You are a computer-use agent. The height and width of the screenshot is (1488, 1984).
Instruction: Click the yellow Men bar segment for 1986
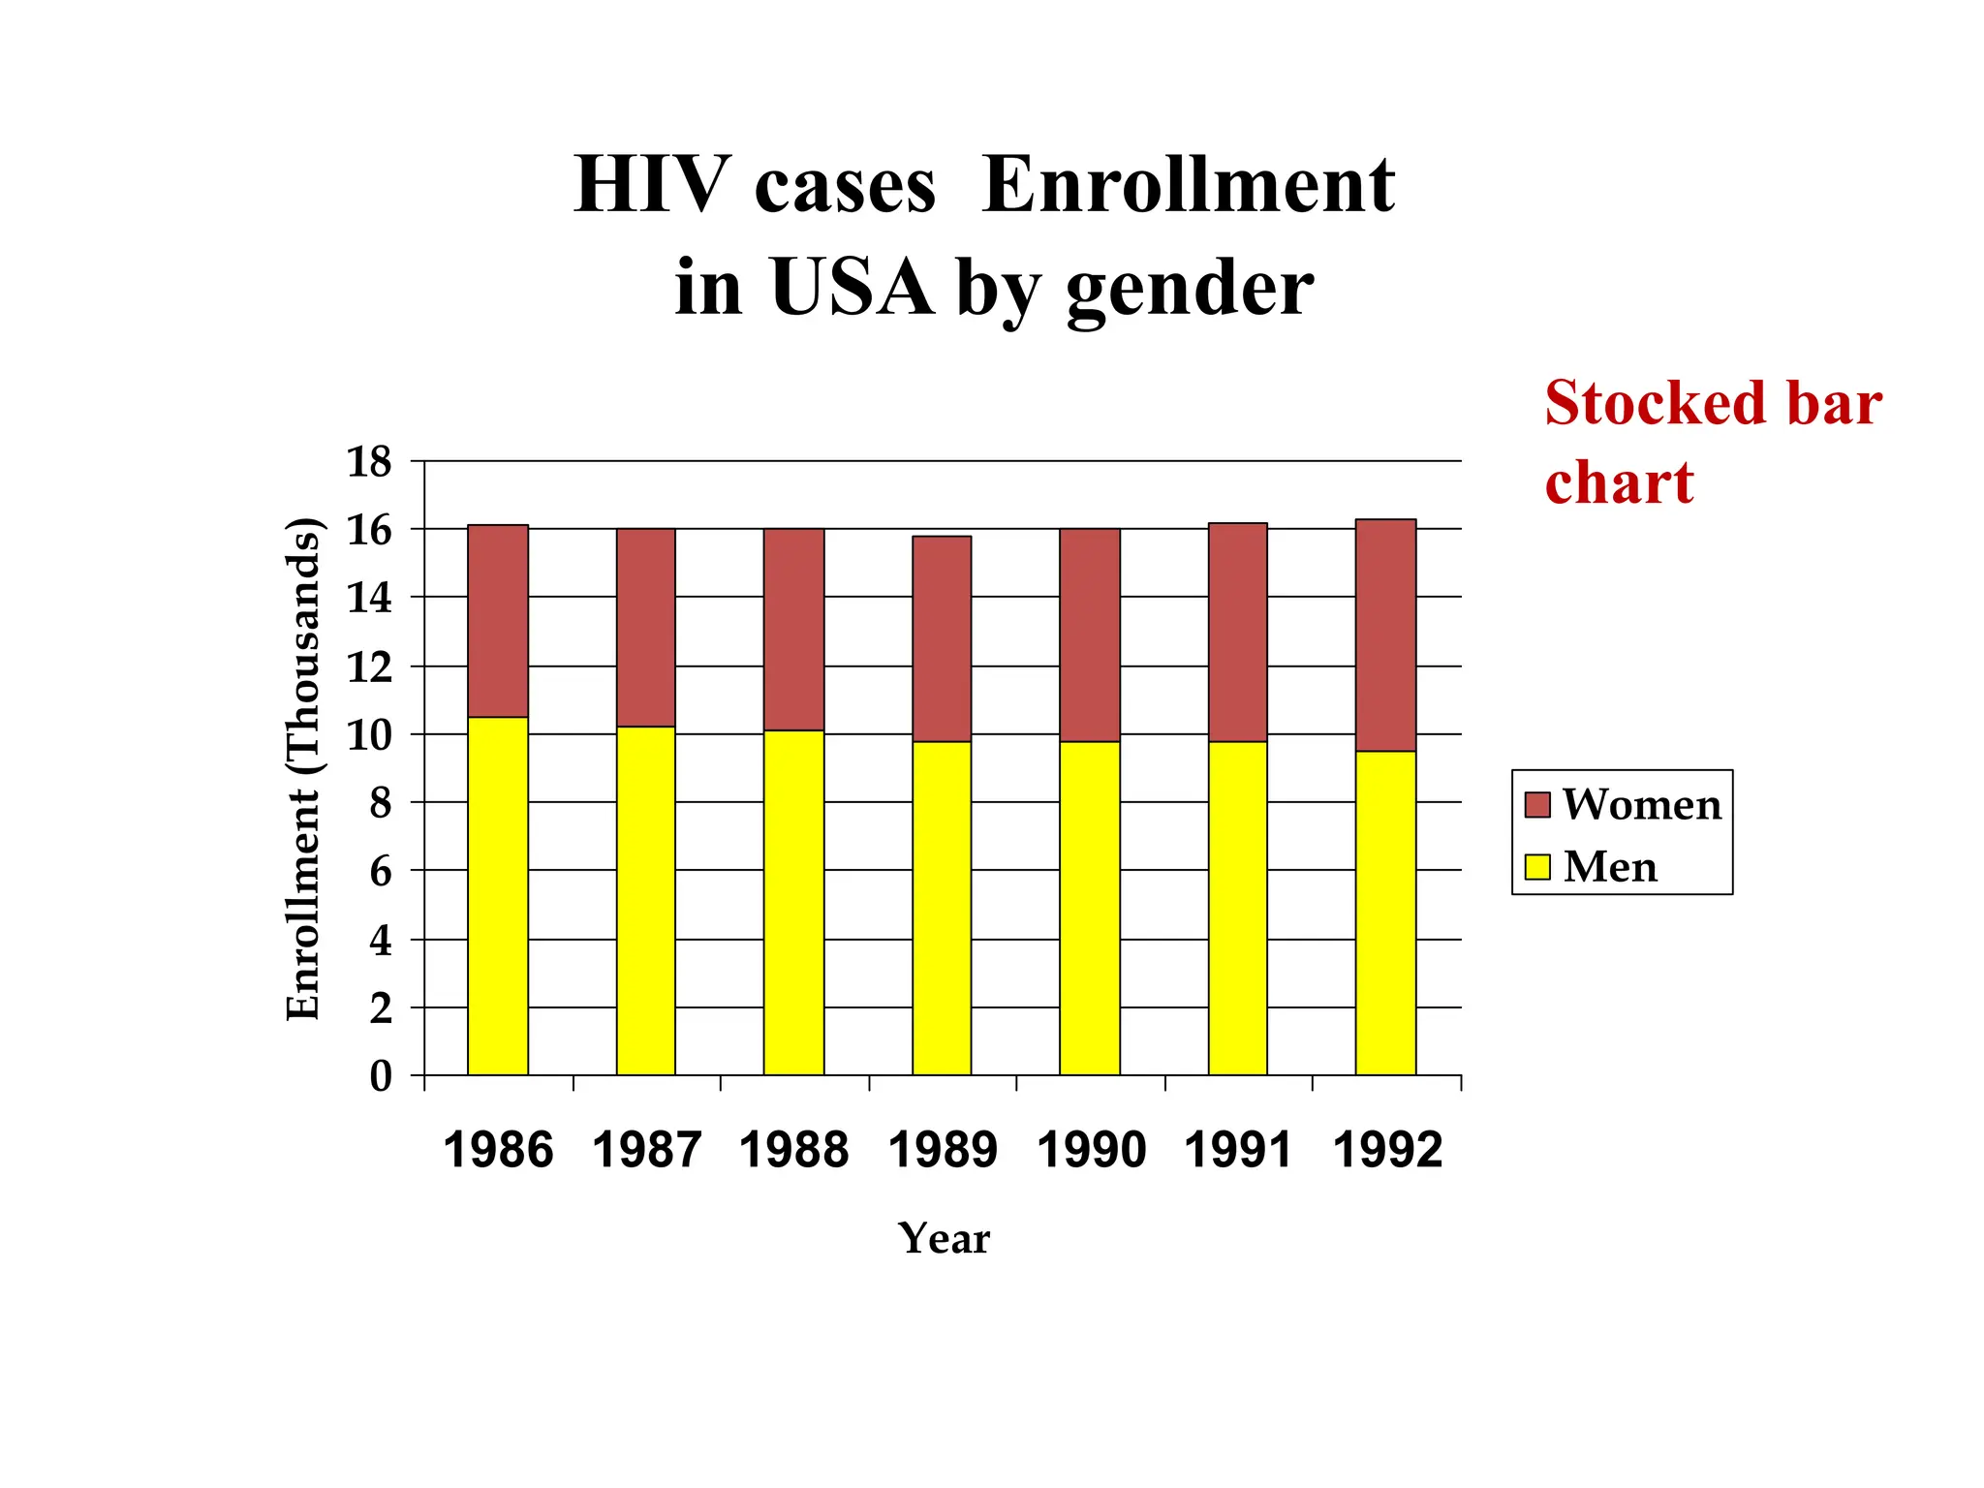498,896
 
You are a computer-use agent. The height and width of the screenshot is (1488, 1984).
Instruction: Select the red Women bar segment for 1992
1385,635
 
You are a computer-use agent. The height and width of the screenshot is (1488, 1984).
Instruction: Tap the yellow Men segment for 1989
942,908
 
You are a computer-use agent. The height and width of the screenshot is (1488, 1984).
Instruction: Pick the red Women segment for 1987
646,628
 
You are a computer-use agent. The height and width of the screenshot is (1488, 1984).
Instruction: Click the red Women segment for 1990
1090,635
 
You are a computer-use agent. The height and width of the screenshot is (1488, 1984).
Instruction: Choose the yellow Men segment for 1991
1237,908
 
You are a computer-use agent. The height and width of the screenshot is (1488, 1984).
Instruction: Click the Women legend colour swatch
1537,805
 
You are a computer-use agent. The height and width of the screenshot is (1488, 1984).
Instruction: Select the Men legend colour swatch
1537,866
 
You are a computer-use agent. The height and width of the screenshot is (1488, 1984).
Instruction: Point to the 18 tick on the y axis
369,462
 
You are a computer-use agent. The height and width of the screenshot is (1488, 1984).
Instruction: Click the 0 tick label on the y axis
381,1076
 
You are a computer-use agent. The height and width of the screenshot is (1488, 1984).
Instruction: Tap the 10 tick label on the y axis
369,735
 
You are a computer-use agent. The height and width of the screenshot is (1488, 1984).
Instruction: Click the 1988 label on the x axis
793,1151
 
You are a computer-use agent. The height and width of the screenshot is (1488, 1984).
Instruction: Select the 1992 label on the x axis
1387,1151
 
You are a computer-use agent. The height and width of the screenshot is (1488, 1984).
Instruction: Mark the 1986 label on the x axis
498,1151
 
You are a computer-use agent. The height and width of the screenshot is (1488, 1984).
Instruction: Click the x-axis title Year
944,1239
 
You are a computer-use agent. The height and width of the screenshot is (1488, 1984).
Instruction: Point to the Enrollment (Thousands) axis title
303,769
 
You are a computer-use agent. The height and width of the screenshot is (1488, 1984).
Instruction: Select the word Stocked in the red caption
1656,403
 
